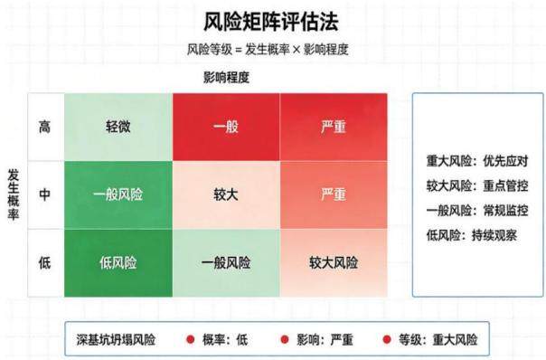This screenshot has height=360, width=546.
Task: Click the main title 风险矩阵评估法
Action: pos(271,22)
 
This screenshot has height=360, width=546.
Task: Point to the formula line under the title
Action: pos(268,50)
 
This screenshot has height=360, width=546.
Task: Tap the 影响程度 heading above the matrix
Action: pos(226,78)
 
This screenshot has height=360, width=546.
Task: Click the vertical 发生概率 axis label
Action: pos(14,194)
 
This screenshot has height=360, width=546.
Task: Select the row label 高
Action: pos(44,127)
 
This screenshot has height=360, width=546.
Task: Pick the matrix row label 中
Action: pos(44,194)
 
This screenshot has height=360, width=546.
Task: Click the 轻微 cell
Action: pos(118,127)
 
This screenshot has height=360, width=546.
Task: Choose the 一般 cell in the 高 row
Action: pos(226,127)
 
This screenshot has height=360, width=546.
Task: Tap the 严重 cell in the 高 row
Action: pos(334,127)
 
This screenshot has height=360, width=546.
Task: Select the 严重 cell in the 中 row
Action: pos(334,194)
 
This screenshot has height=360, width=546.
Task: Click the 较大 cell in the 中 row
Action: pos(226,194)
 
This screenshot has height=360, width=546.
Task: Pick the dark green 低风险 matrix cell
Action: pos(118,263)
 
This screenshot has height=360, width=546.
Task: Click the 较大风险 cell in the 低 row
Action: pos(334,263)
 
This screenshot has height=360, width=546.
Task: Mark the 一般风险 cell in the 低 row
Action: pos(226,263)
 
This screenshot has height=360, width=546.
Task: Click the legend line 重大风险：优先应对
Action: pos(477,161)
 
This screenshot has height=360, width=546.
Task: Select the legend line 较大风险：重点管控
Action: pos(477,185)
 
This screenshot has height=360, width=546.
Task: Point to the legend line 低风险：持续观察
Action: pos(472,235)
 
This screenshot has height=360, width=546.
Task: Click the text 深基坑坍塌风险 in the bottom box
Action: pos(116,340)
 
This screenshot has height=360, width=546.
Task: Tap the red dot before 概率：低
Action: pos(190,339)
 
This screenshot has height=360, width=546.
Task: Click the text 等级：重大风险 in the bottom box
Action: pos(438,340)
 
